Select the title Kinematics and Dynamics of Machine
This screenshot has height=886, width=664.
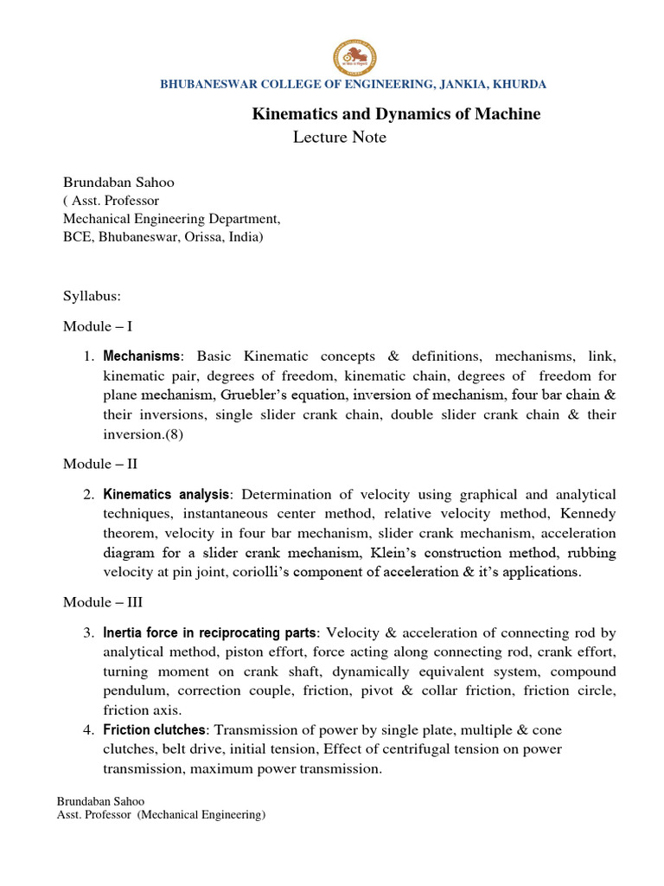tap(395, 114)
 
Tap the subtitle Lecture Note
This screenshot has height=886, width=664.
tap(340, 138)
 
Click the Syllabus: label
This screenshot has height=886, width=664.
tap(93, 296)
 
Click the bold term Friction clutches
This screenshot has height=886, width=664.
tap(153, 729)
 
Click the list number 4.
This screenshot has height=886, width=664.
tap(88, 729)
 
